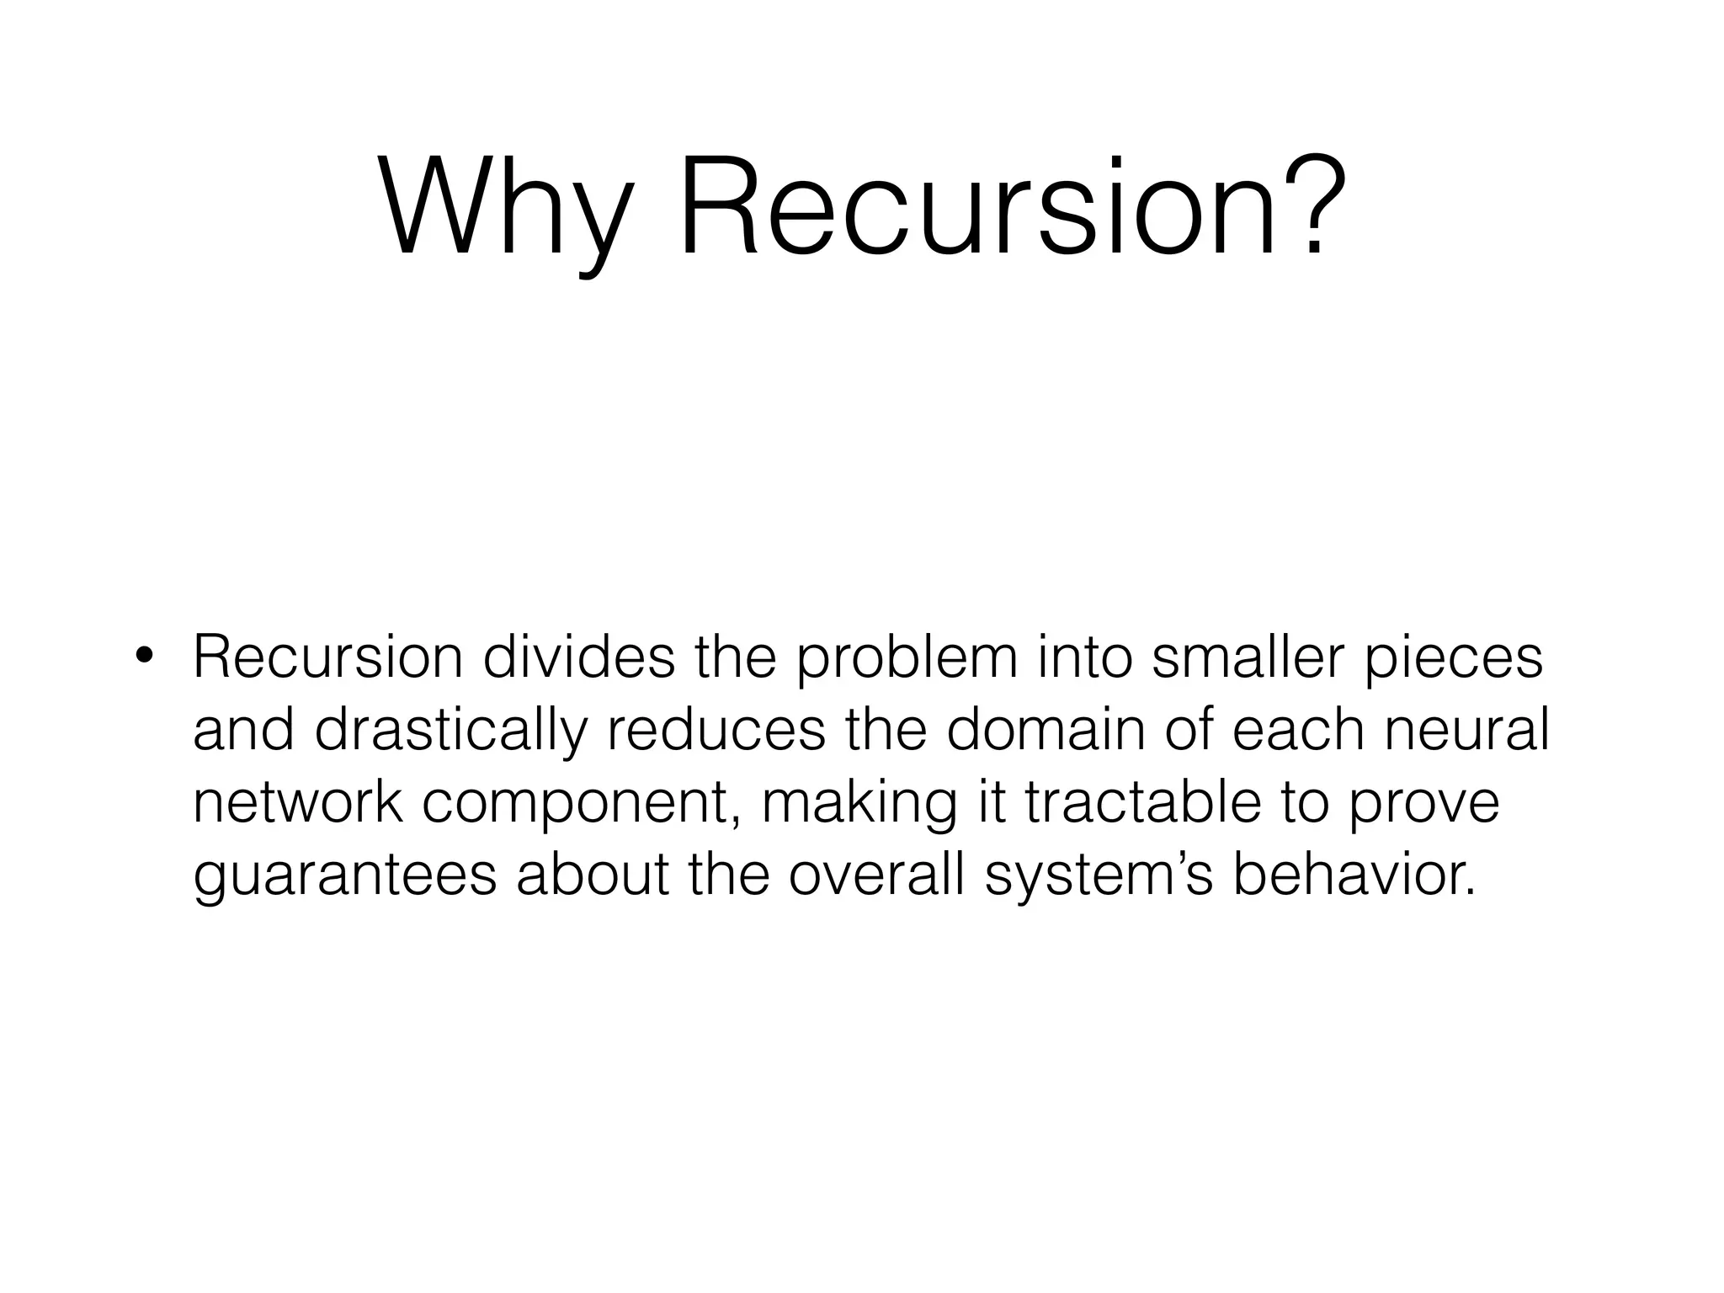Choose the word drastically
click(x=450, y=731)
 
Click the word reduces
click(x=716, y=731)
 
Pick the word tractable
click(x=1142, y=803)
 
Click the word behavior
click(x=1354, y=875)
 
